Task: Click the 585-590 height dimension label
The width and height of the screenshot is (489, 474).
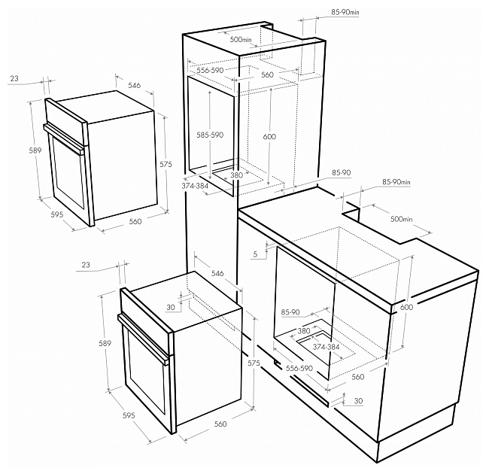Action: point(210,135)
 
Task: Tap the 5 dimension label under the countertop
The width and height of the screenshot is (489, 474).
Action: point(256,254)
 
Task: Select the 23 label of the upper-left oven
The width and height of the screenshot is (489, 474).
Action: point(14,78)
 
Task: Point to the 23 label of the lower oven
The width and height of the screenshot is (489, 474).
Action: point(86,265)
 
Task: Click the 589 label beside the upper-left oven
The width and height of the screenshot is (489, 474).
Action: point(35,150)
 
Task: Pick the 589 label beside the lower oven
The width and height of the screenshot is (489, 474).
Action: point(105,343)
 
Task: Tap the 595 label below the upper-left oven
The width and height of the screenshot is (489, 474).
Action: point(57,214)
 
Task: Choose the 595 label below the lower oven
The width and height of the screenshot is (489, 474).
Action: point(129,415)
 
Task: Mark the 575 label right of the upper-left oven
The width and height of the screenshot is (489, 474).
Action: point(166,164)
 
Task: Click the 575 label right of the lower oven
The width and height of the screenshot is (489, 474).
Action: point(254,363)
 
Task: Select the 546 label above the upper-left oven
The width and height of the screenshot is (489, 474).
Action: point(135,85)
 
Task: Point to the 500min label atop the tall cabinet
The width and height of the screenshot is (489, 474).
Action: point(241,40)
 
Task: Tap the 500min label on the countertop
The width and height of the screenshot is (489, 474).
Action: point(402,219)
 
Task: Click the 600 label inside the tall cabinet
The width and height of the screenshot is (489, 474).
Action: point(269,137)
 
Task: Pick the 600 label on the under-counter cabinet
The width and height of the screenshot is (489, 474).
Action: point(406,307)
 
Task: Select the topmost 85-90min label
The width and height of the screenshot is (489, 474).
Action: point(345,12)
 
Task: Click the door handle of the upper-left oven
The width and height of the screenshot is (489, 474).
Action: point(64,138)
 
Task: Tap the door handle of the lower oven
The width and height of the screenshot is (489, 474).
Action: point(142,339)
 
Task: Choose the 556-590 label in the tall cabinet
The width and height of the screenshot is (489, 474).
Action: point(210,71)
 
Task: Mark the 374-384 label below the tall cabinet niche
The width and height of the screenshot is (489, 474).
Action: point(195,186)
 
